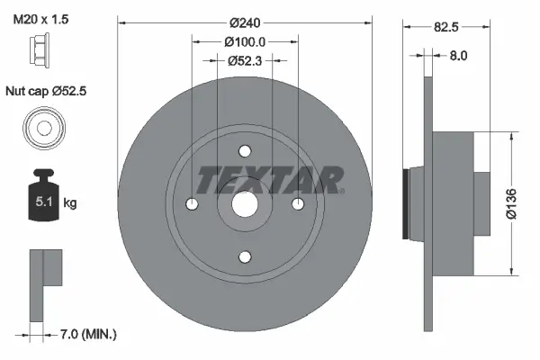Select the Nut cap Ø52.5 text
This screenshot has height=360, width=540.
[x=47, y=92]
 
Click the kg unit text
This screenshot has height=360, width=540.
[x=70, y=204]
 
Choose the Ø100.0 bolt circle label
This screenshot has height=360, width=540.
[x=245, y=40]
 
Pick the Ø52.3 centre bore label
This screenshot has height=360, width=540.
[x=245, y=60]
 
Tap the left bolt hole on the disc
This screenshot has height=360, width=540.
[x=192, y=204]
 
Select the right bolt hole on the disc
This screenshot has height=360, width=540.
[x=298, y=204]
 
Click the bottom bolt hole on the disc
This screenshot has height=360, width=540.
[x=245, y=256]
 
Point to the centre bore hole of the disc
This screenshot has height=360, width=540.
[x=245, y=204]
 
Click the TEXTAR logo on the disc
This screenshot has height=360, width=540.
[x=269, y=180]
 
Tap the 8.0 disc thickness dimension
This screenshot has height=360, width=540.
[x=458, y=55]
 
